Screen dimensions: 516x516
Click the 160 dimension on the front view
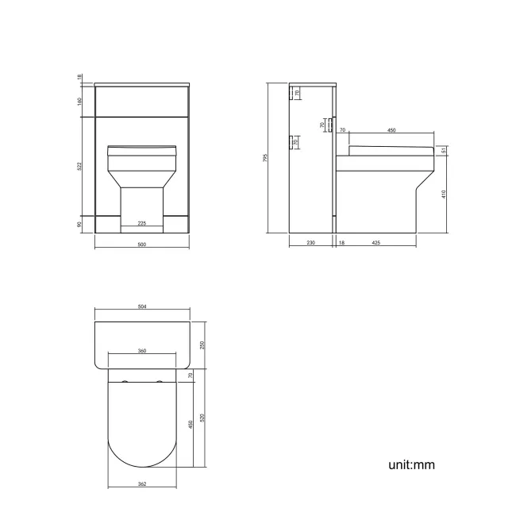pos(80,102)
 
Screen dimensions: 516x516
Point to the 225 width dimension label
pos(141,223)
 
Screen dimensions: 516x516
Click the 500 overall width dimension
pos(141,245)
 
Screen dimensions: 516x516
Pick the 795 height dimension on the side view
pos(266,157)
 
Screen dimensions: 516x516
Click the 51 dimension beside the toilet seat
pos(445,152)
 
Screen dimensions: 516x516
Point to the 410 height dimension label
pos(445,192)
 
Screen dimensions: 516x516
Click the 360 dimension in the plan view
pos(141,350)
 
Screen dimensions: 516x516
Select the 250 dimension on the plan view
pos(202,345)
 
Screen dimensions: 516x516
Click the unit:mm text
pos(411,464)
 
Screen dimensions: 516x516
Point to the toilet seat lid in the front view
pos(141,148)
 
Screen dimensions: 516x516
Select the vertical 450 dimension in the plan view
pos(191,424)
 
